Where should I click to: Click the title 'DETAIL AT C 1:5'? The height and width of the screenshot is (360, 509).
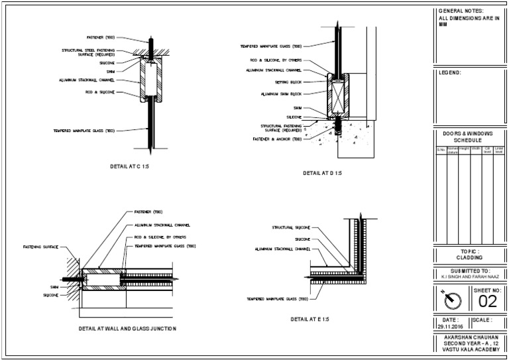coord(129,166)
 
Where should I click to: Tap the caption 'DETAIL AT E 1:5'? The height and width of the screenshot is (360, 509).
coord(310,319)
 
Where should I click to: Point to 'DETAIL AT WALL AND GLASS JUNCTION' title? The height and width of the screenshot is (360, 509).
coord(127,328)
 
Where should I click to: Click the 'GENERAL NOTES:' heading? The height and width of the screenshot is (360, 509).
coord(461,11)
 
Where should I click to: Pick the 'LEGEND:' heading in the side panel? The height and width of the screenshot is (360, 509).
coord(450,72)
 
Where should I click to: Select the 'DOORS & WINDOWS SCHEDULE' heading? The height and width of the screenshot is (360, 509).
coord(468,137)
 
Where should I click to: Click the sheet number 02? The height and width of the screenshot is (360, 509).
coord(487,302)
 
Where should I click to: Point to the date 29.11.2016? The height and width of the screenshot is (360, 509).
coord(451,326)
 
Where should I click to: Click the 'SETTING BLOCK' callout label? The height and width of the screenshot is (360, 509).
coord(288,82)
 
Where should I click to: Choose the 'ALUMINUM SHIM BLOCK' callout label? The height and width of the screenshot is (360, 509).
coord(282,94)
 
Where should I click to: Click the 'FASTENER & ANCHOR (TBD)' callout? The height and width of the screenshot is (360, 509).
coord(278,139)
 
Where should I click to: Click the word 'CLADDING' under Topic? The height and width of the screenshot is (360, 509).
coord(469,257)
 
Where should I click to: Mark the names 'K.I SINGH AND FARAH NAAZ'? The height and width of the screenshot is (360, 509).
coord(469,277)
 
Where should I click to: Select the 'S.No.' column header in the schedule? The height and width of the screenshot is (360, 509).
coord(441,150)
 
